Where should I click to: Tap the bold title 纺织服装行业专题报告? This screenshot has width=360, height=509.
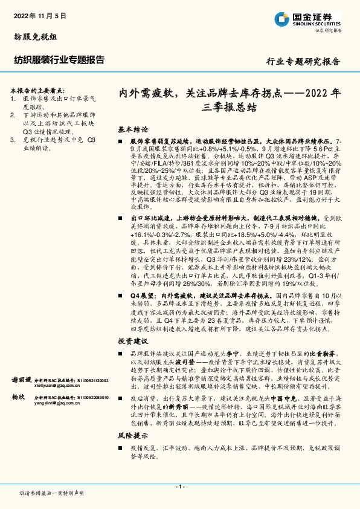pos(59,60)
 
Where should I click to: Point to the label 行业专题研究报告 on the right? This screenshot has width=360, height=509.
pos(303,62)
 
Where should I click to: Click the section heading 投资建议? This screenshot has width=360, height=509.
pos(133,342)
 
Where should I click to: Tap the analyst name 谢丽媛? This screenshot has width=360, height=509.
pos(22,380)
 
